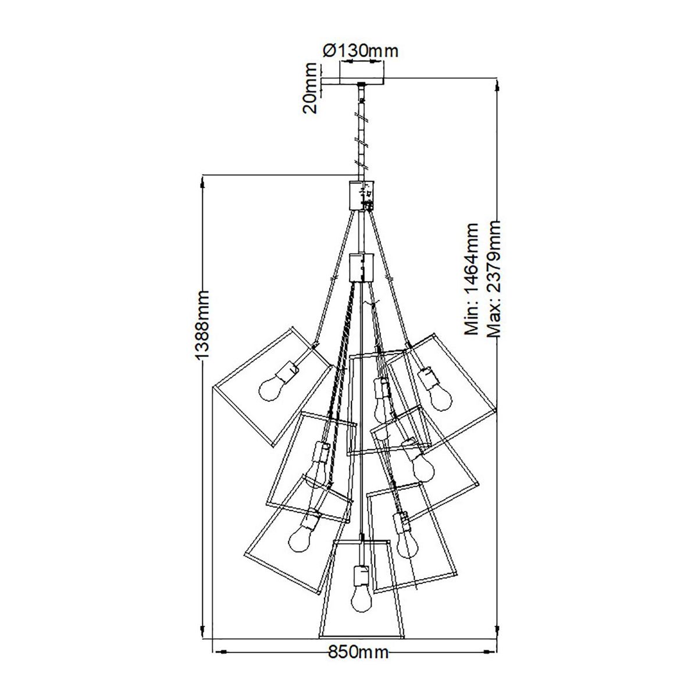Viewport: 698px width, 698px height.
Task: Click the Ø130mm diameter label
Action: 361,51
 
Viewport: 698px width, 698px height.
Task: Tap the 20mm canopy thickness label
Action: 310,88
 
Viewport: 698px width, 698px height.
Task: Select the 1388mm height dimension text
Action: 202,325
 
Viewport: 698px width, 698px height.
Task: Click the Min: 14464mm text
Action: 472,279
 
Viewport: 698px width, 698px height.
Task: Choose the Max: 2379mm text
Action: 493,279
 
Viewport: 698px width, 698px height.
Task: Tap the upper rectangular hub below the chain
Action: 361,195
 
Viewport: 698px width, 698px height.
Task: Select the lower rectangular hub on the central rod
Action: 361,268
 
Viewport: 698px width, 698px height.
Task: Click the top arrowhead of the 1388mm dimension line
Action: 202,184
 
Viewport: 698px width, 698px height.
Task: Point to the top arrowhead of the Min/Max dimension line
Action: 498,86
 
